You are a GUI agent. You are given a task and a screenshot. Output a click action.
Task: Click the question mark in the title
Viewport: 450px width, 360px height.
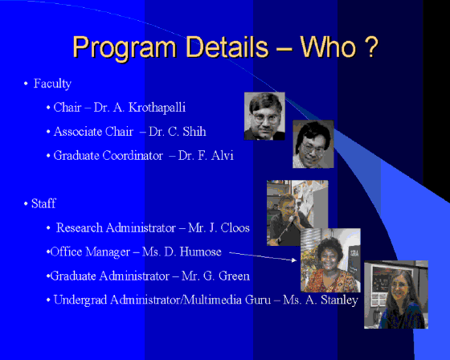tap(372, 47)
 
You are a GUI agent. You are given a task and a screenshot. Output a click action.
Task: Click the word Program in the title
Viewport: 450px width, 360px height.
tap(125, 48)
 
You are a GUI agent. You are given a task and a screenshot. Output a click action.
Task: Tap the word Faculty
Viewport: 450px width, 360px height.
tap(52, 84)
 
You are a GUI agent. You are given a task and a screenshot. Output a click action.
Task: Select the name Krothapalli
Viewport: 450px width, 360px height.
tap(157, 108)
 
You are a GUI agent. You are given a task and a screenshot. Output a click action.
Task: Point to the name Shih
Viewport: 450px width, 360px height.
tap(194, 132)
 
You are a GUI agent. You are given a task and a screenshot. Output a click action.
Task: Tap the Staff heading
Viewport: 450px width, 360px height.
tap(43, 203)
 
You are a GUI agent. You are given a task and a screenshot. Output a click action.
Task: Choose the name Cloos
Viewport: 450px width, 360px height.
tap(235, 227)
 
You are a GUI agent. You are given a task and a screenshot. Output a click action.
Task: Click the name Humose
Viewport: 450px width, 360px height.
tap(201, 252)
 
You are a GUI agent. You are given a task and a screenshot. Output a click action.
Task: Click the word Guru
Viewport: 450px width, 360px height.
tap(258, 300)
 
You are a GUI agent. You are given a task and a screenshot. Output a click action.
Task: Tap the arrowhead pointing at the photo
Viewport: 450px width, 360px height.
tap(294, 260)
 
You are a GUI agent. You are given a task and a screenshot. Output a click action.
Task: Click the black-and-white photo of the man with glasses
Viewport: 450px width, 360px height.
tap(264, 116)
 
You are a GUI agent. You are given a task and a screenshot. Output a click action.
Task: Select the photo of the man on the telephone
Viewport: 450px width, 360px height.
tap(297, 213)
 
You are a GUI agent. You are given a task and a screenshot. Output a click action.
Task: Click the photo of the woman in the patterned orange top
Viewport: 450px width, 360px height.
tap(330, 260)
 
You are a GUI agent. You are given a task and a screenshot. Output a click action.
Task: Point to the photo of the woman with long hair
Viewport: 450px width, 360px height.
tap(396, 295)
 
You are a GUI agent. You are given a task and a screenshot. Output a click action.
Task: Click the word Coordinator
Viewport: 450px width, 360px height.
tap(133, 155)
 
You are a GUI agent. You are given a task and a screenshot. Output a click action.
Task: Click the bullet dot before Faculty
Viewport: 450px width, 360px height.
tap(26, 84)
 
